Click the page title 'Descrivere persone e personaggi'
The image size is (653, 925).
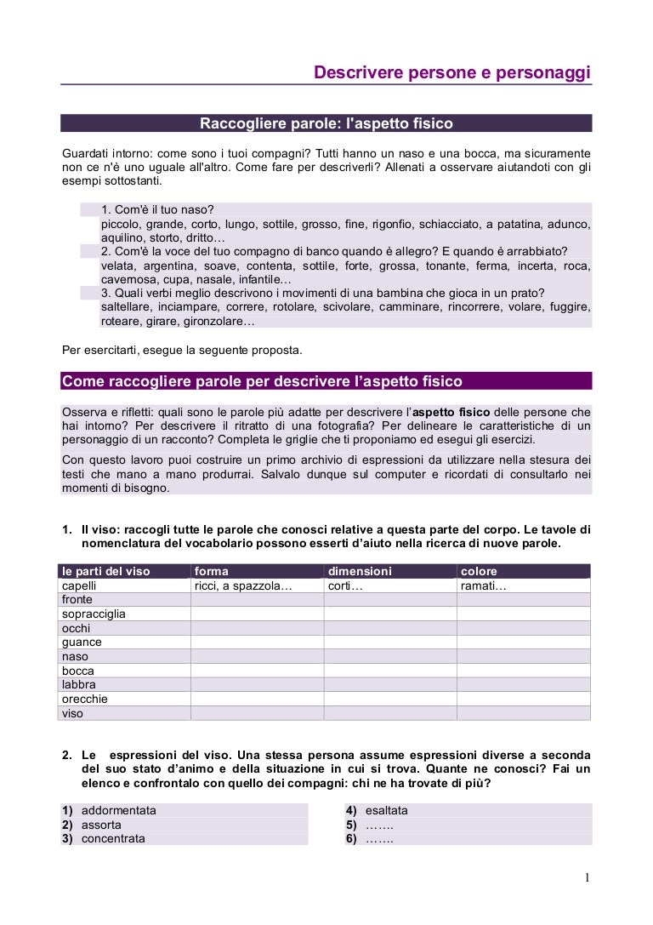click(451, 73)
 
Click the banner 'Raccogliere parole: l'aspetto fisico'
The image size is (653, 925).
click(326, 124)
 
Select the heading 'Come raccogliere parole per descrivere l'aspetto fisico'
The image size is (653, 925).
click(262, 380)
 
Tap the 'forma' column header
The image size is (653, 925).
click(212, 571)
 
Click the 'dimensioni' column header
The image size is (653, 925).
click(360, 571)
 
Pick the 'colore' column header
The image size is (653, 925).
click(479, 571)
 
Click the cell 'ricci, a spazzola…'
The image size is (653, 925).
click(243, 585)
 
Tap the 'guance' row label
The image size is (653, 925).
click(82, 642)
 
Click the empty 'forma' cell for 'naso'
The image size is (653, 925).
click(257, 657)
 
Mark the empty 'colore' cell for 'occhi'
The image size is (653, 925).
click(523, 628)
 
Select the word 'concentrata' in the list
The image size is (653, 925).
click(113, 838)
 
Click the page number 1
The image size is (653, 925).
click(587, 878)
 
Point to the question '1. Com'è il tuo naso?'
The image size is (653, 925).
click(157, 209)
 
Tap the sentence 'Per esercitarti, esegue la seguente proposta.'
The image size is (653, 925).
click(181, 350)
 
